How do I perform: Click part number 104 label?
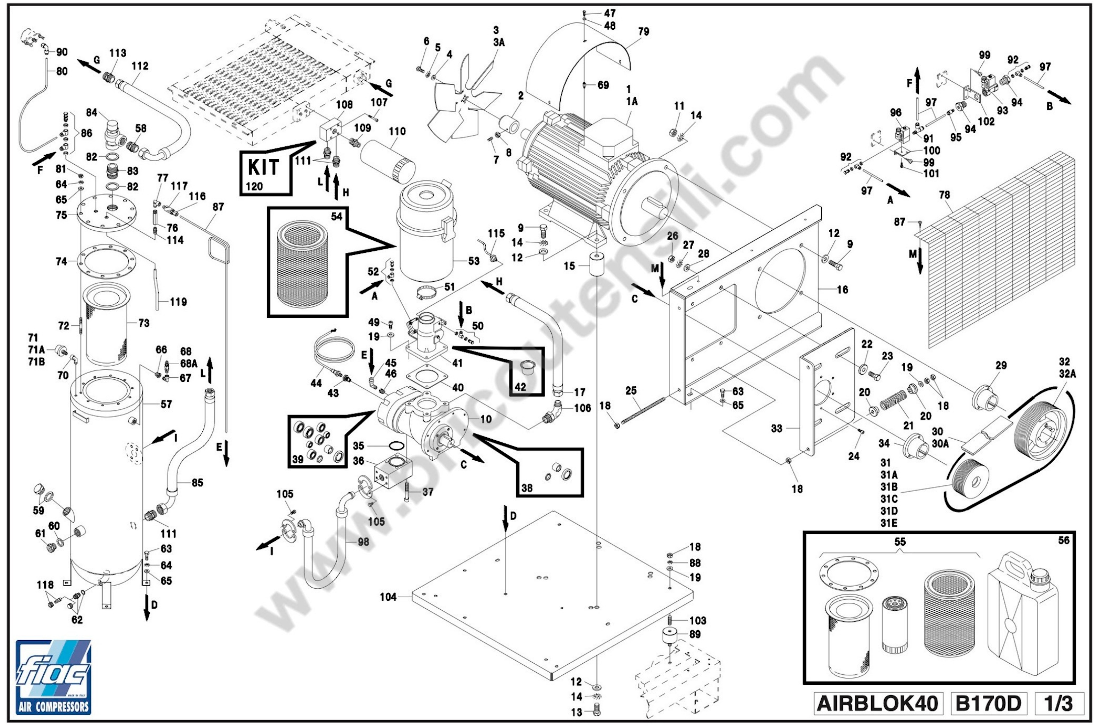(388, 597)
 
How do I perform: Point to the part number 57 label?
(166, 404)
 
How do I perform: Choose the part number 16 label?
(842, 289)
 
